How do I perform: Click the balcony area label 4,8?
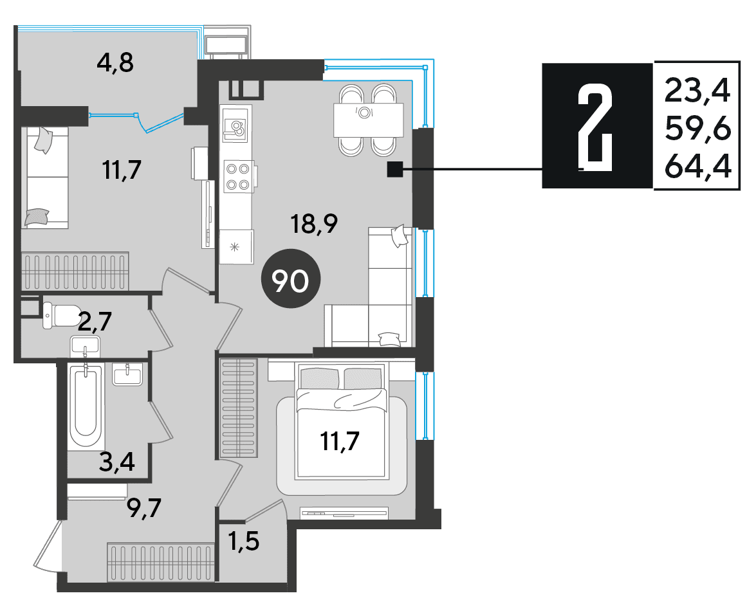[115, 62]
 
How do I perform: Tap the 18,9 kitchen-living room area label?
[314, 223]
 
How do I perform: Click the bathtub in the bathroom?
[86, 406]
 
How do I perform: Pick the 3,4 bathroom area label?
[116, 462]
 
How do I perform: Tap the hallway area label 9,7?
[143, 507]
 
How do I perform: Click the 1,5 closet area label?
[244, 541]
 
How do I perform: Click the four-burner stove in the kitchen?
[239, 176]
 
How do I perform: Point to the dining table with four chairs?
[369, 120]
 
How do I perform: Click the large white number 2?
[595, 127]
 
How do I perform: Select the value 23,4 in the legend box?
[697, 91]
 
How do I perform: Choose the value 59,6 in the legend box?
[697, 129]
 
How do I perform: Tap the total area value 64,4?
[697, 167]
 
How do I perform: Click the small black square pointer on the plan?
[395, 169]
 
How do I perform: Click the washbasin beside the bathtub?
[127, 374]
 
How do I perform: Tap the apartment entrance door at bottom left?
[49, 545]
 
